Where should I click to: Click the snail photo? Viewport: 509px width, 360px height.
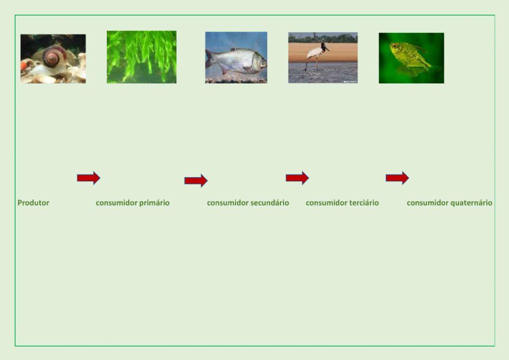pos(53,59)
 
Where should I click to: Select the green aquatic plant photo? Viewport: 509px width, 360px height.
pos(142,57)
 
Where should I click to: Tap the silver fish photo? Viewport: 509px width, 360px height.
pos(236,58)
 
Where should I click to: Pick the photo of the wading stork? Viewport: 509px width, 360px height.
pos(323,58)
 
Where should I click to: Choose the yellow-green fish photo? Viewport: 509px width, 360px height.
pos(411,58)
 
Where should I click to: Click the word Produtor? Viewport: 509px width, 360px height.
pos(34,203)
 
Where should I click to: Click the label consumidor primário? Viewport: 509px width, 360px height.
pos(133,203)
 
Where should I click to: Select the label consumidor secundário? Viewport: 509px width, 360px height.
pos(248,203)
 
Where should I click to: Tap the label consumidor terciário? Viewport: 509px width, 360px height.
pos(342,203)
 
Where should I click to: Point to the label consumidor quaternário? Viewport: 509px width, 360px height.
pos(449,203)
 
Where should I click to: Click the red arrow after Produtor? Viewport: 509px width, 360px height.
pos(89,178)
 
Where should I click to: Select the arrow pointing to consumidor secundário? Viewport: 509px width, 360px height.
pos(196,180)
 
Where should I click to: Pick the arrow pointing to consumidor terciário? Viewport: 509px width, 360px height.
pos(297,178)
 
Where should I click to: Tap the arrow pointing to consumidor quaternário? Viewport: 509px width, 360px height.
pos(398,178)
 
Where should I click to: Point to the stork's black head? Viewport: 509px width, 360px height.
pos(324,46)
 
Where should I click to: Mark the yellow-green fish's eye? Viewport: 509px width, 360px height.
pos(394,46)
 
